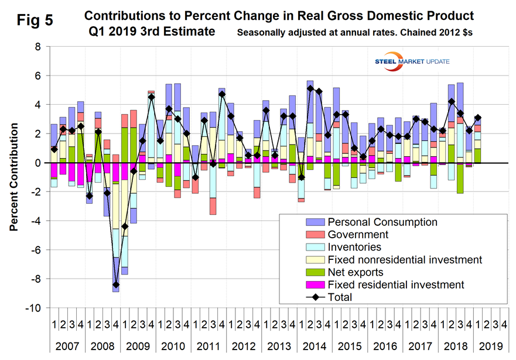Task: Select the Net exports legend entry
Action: tap(356, 272)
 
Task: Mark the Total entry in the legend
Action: tap(340, 297)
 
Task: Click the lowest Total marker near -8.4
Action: tap(116, 284)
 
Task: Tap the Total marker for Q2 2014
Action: tap(310, 88)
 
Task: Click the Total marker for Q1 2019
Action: tap(478, 118)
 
